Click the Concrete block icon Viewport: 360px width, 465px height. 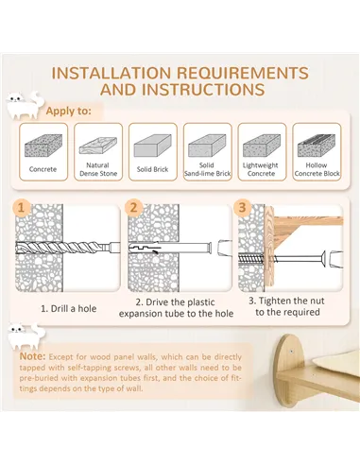point(43,146)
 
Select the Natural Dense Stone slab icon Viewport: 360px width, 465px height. point(98,146)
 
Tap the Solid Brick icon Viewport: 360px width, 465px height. point(153,146)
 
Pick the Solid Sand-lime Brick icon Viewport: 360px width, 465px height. point(207,146)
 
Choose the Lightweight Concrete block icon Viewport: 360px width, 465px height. point(262,146)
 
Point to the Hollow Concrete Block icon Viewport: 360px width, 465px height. point(317,146)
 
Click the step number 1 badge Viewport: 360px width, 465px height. point(21,208)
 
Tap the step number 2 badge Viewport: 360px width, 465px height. point(133,208)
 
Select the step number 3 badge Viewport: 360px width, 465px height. point(242,207)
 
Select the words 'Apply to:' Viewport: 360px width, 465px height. point(69,112)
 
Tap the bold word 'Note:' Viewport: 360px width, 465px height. point(33,356)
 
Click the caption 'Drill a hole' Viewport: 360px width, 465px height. point(74,309)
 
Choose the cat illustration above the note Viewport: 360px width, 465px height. point(26,336)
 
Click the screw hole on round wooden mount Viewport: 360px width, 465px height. point(292,351)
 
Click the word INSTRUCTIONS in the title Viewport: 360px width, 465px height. point(182,90)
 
